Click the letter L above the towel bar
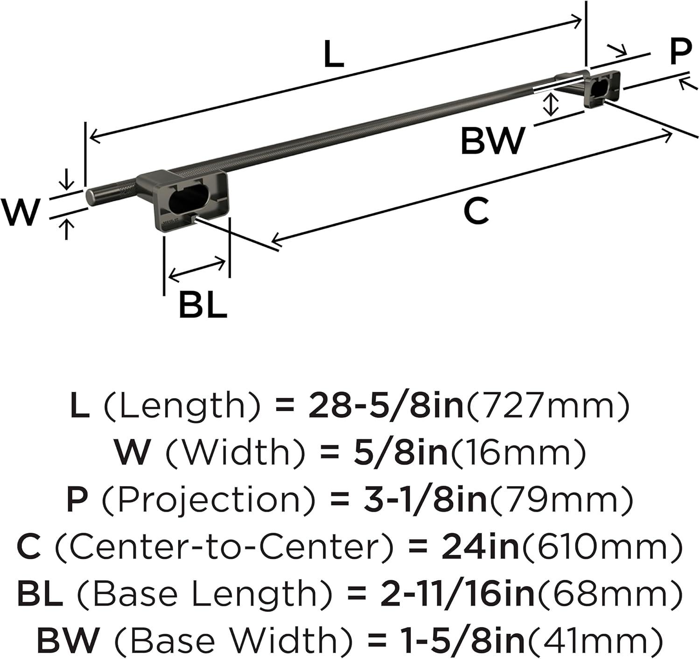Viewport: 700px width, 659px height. [x=334, y=54]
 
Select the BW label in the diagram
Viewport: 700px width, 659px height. [x=493, y=141]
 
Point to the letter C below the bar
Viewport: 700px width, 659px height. [x=476, y=211]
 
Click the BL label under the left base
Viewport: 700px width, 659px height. [x=203, y=305]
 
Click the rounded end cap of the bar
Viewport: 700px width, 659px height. [x=91, y=196]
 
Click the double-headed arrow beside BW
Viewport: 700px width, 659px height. [x=550, y=104]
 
